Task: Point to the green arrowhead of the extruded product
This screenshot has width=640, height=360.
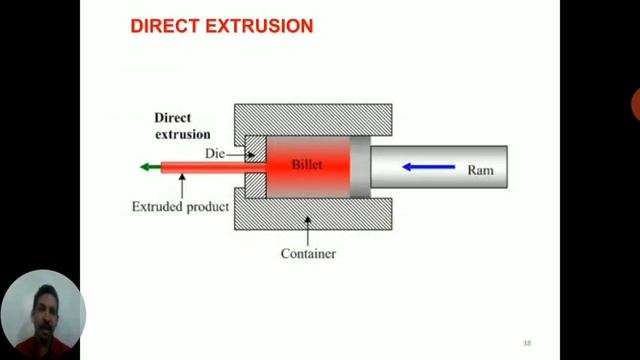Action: tap(148, 167)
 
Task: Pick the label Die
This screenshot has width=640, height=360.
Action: tap(214, 153)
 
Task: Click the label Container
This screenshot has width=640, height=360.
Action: tap(308, 254)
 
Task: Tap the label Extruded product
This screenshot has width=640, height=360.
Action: tap(180, 207)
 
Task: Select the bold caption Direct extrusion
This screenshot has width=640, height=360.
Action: tap(182, 125)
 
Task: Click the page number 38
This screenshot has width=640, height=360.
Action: tap(527, 343)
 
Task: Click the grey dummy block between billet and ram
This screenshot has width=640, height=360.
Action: tap(360, 166)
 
